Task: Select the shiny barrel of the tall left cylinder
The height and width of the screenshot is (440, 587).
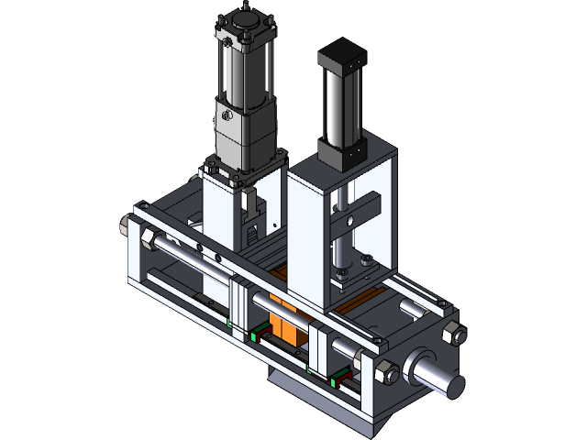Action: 240,73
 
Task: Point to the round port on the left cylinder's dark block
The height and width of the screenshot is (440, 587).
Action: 224,117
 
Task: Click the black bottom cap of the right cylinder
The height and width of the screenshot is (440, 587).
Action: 342,150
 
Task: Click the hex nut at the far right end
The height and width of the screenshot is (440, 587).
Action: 451,334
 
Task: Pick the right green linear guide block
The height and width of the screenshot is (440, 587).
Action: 338,376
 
